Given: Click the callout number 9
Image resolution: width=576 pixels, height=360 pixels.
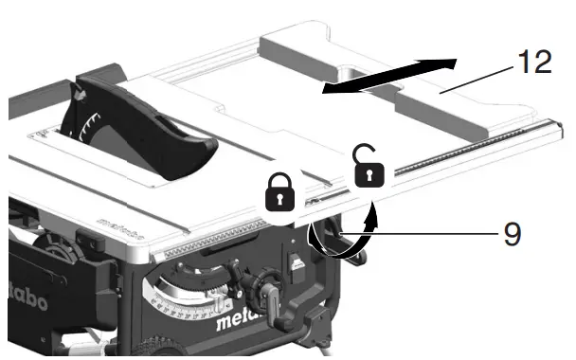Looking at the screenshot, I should tap(512, 233).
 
